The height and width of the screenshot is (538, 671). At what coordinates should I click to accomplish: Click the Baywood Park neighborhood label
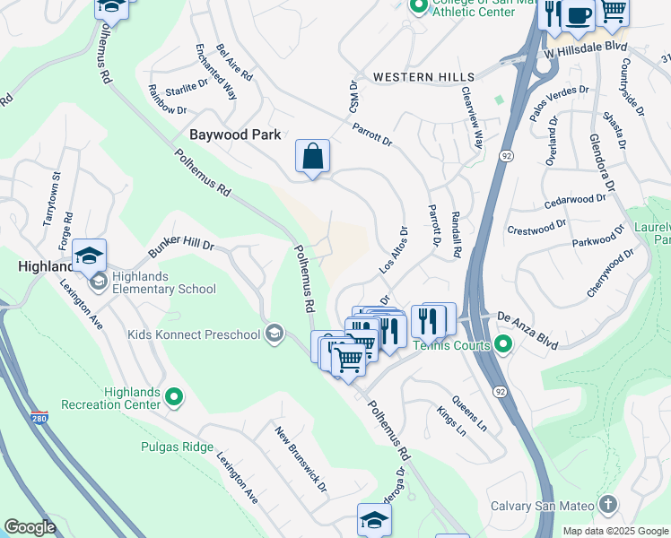tap(235, 134)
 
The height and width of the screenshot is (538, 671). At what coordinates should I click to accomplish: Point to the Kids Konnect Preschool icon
tap(275, 335)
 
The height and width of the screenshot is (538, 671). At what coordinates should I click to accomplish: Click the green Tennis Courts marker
tap(503, 344)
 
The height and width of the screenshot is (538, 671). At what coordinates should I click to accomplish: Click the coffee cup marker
tap(579, 13)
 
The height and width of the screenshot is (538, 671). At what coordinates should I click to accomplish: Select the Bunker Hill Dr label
tap(181, 244)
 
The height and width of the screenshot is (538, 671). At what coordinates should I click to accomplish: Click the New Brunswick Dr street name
tap(301, 460)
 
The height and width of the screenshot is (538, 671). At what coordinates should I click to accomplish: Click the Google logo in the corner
tap(30, 527)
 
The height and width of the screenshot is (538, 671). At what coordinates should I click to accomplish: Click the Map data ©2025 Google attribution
tap(614, 530)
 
